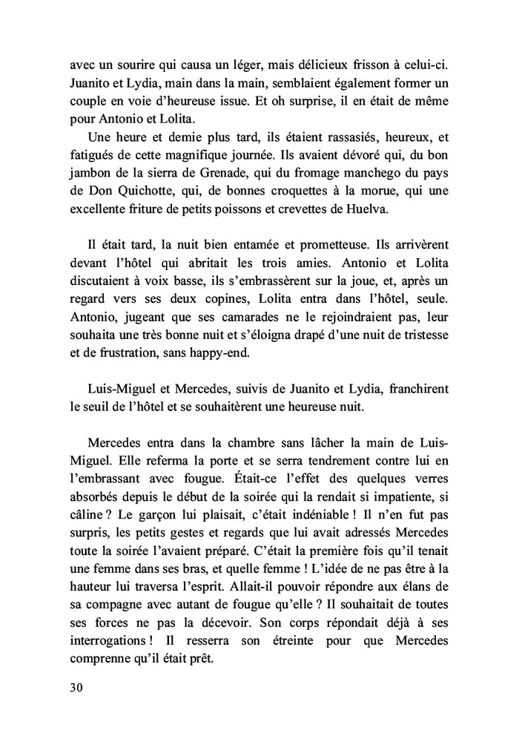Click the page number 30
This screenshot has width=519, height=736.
73,686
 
